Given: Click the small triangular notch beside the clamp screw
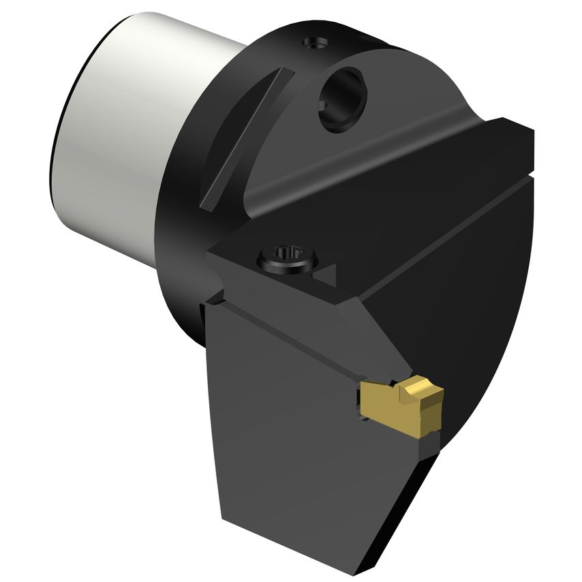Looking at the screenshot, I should pyautogui.click(x=326, y=275).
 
